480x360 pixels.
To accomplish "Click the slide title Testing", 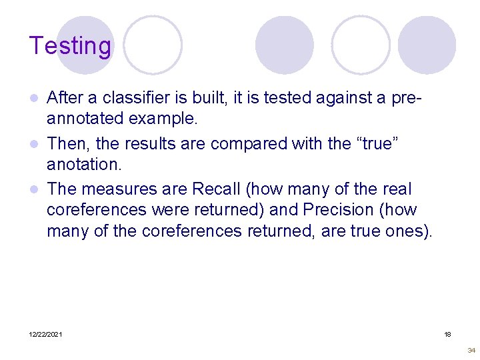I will point(70,46).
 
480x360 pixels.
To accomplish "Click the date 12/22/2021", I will point(46,334).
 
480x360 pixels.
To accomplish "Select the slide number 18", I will point(448,334).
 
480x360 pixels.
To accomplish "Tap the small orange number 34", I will point(471,350).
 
